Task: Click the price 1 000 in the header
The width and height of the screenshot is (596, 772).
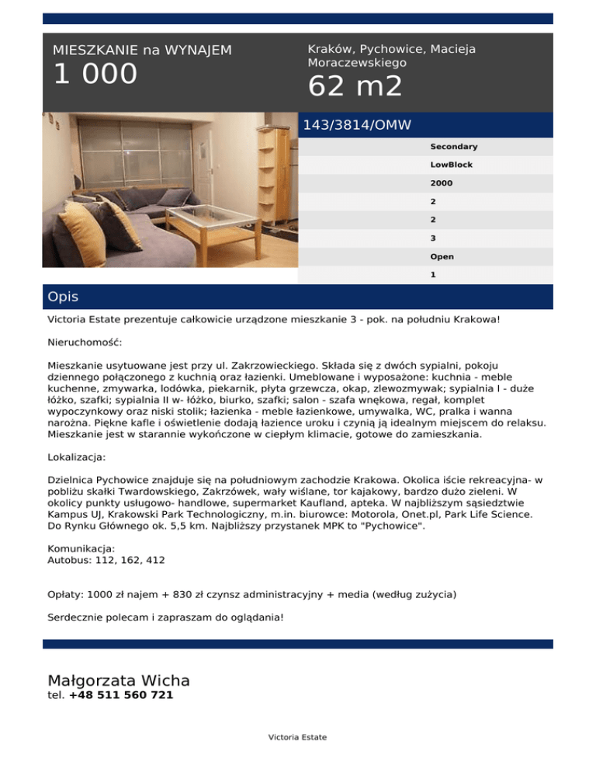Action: coord(95,75)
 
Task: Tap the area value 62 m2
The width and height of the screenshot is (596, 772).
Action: coord(355,86)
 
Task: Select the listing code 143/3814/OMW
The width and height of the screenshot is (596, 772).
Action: coord(357,125)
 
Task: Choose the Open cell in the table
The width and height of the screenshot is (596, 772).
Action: coord(442,256)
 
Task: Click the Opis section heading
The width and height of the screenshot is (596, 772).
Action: coord(63,297)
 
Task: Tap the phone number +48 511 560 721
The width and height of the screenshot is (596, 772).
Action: coord(120,695)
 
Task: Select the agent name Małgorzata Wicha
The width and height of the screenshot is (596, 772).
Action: coord(119,680)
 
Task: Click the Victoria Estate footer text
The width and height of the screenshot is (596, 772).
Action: coord(297,737)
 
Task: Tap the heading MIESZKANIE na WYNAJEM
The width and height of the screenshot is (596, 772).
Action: coord(142,50)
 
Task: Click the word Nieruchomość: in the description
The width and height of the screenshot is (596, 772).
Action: coord(85,341)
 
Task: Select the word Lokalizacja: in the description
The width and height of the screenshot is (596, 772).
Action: coord(77,457)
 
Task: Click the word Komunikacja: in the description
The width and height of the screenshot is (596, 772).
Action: coord(81,548)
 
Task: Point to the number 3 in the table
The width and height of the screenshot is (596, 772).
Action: coord(432,238)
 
